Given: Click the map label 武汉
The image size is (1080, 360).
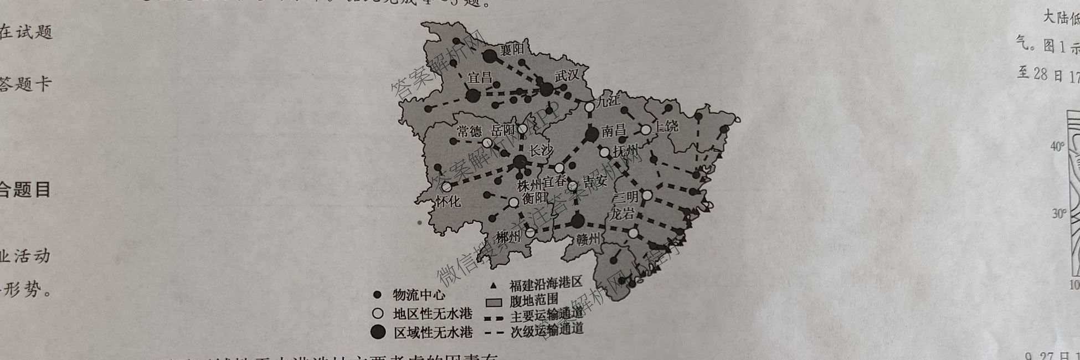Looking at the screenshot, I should coord(567,76).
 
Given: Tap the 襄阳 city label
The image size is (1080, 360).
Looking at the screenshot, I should coord(512,50).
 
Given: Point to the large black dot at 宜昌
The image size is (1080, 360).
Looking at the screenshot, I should coord(472,96).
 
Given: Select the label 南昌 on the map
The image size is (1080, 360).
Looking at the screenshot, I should coord(613,131).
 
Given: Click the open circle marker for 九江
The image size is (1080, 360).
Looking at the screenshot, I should coord(590,106).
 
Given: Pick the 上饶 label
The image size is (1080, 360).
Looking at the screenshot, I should coord(666,126).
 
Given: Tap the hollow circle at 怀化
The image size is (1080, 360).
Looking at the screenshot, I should coord(446,187).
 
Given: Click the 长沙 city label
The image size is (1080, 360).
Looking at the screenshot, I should coord(541,151).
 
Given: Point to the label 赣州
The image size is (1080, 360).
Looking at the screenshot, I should coord(588,239).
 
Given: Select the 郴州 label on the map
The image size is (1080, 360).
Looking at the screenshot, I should coord(508,238).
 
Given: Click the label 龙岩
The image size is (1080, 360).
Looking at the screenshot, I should coord(621,214).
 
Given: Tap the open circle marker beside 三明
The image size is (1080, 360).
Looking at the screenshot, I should coord(646,196).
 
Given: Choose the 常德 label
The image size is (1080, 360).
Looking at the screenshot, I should coord(469,131).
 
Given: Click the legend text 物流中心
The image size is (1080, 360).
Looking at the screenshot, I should coord(419,295).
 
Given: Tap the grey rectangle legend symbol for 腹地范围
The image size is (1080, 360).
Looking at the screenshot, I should coord(493,302).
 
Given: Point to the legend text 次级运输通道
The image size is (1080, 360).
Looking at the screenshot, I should coord(547,330).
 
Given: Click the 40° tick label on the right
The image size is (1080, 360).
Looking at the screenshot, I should coord(1057,147).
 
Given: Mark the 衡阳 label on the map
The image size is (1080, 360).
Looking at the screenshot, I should coord(534,198).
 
